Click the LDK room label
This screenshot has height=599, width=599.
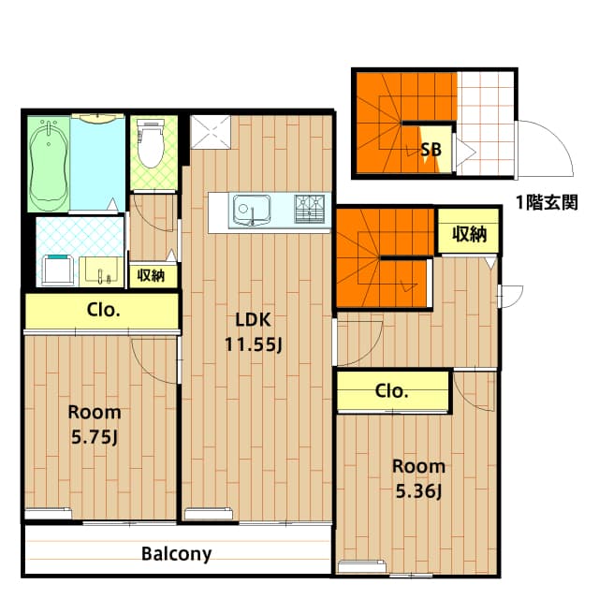point(253,320)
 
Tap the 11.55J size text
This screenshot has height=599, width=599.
point(254,344)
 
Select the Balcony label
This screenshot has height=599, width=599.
point(176,554)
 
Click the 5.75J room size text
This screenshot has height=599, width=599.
point(95,437)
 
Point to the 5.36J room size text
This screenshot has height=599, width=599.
point(418,491)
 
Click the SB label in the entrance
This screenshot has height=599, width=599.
point(431,150)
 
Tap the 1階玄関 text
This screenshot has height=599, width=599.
point(547,202)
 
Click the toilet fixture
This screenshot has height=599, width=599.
point(151,143)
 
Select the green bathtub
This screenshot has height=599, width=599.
point(49,164)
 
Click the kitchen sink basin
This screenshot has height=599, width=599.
point(252,211)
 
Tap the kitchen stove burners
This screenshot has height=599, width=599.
point(310,209)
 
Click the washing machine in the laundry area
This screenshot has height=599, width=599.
point(58,270)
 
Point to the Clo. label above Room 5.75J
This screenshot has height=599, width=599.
point(104,310)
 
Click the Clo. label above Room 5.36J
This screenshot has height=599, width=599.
point(391,391)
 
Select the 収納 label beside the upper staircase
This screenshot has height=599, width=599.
point(470,234)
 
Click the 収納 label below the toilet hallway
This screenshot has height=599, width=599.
point(151,275)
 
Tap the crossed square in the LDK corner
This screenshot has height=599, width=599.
point(211,132)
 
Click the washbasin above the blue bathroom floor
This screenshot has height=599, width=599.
point(98,118)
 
